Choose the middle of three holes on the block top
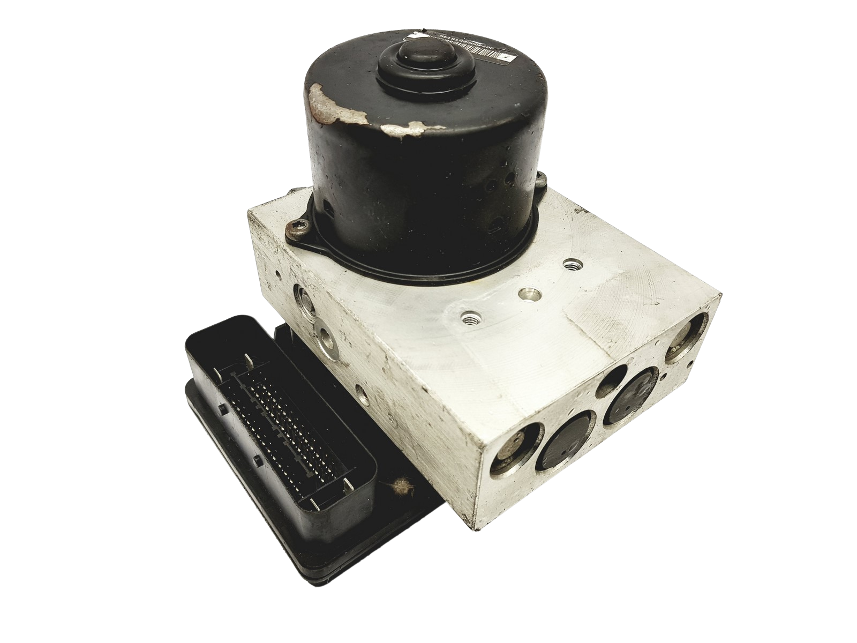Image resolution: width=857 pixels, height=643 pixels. pyautogui.click(x=527, y=294)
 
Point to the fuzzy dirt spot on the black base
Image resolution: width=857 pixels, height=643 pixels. pyautogui.click(x=398, y=486)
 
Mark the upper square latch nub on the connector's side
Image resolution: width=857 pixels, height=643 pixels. pyautogui.click(x=221, y=410)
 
